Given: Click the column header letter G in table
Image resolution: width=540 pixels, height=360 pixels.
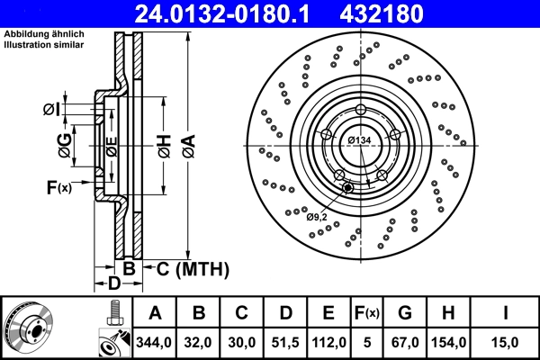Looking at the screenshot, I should point(405,313).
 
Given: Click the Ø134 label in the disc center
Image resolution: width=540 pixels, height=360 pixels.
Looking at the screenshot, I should point(360,139).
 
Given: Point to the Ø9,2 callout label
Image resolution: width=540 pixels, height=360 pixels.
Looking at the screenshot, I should point(317,216).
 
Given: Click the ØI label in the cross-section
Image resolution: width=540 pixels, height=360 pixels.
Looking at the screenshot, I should point(52,110).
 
